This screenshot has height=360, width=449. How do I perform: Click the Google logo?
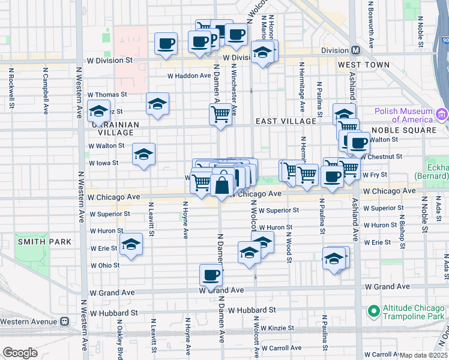pos(19,353)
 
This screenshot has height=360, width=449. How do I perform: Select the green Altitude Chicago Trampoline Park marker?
pos(373,310)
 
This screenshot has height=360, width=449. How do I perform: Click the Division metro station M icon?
pos(355,50)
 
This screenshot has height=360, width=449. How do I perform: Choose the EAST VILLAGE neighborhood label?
pos(286,121)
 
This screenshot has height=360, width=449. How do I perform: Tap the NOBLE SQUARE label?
pos(403,130)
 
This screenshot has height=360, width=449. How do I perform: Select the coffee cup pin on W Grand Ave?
pos(211,275)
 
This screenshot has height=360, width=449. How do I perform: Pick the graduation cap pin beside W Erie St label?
pos(131,245)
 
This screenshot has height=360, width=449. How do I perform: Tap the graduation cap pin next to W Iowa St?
pos(144,155)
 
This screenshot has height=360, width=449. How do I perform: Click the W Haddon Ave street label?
pos(189,76)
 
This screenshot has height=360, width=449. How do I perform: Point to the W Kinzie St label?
pos(274,328)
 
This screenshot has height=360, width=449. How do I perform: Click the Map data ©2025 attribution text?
pos(424,355)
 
